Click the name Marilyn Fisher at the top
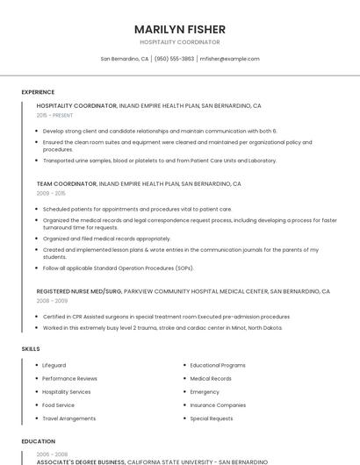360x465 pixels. [x=180, y=29]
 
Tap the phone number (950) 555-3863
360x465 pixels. [x=174, y=59]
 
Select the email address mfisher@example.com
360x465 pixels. [x=229, y=59]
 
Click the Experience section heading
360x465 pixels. [x=38, y=92]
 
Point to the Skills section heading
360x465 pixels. [x=31, y=349]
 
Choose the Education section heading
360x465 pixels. [x=38, y=441]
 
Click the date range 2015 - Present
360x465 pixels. [x=54, y=115]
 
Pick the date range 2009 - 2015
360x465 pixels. [x=51, y=193]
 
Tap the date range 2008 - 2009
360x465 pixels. [x=51, y=300]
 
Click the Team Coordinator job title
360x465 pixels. [x=67, y=184]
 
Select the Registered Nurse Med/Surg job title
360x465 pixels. [x=79, y=291]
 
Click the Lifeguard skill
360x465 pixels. [x=54, y=365]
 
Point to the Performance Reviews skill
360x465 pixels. [x=69, y=378]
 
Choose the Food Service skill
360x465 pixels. [x=58, y=405]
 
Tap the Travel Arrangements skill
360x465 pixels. [x=68, y=418]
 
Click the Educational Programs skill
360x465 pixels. [x=218, y=365]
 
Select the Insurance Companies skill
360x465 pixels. [x=218, y=405]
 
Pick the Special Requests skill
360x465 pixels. [x=212, y=418]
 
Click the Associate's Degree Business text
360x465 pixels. [x=81, y=461]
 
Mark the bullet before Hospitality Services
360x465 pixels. [x=36, y=392]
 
